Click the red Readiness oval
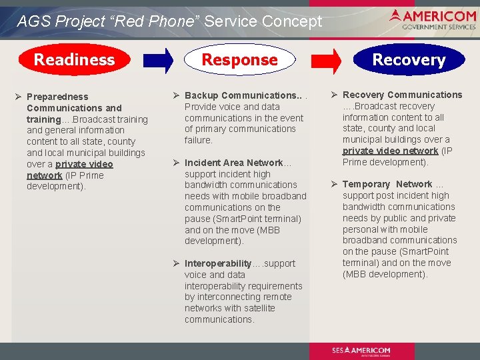click(74, 59)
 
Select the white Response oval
click(239, 60)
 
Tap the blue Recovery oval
click(409, 60)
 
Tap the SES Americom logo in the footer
click(361, 351)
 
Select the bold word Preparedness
click(57, 97)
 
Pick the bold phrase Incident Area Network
click(233, 163)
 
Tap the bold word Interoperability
click(218, 263)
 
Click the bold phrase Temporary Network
click(387, 184)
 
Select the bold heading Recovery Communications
click(402, 95)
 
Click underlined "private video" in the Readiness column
click(84, 164)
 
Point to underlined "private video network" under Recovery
click(390, 151)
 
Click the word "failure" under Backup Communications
click(198, 140)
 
